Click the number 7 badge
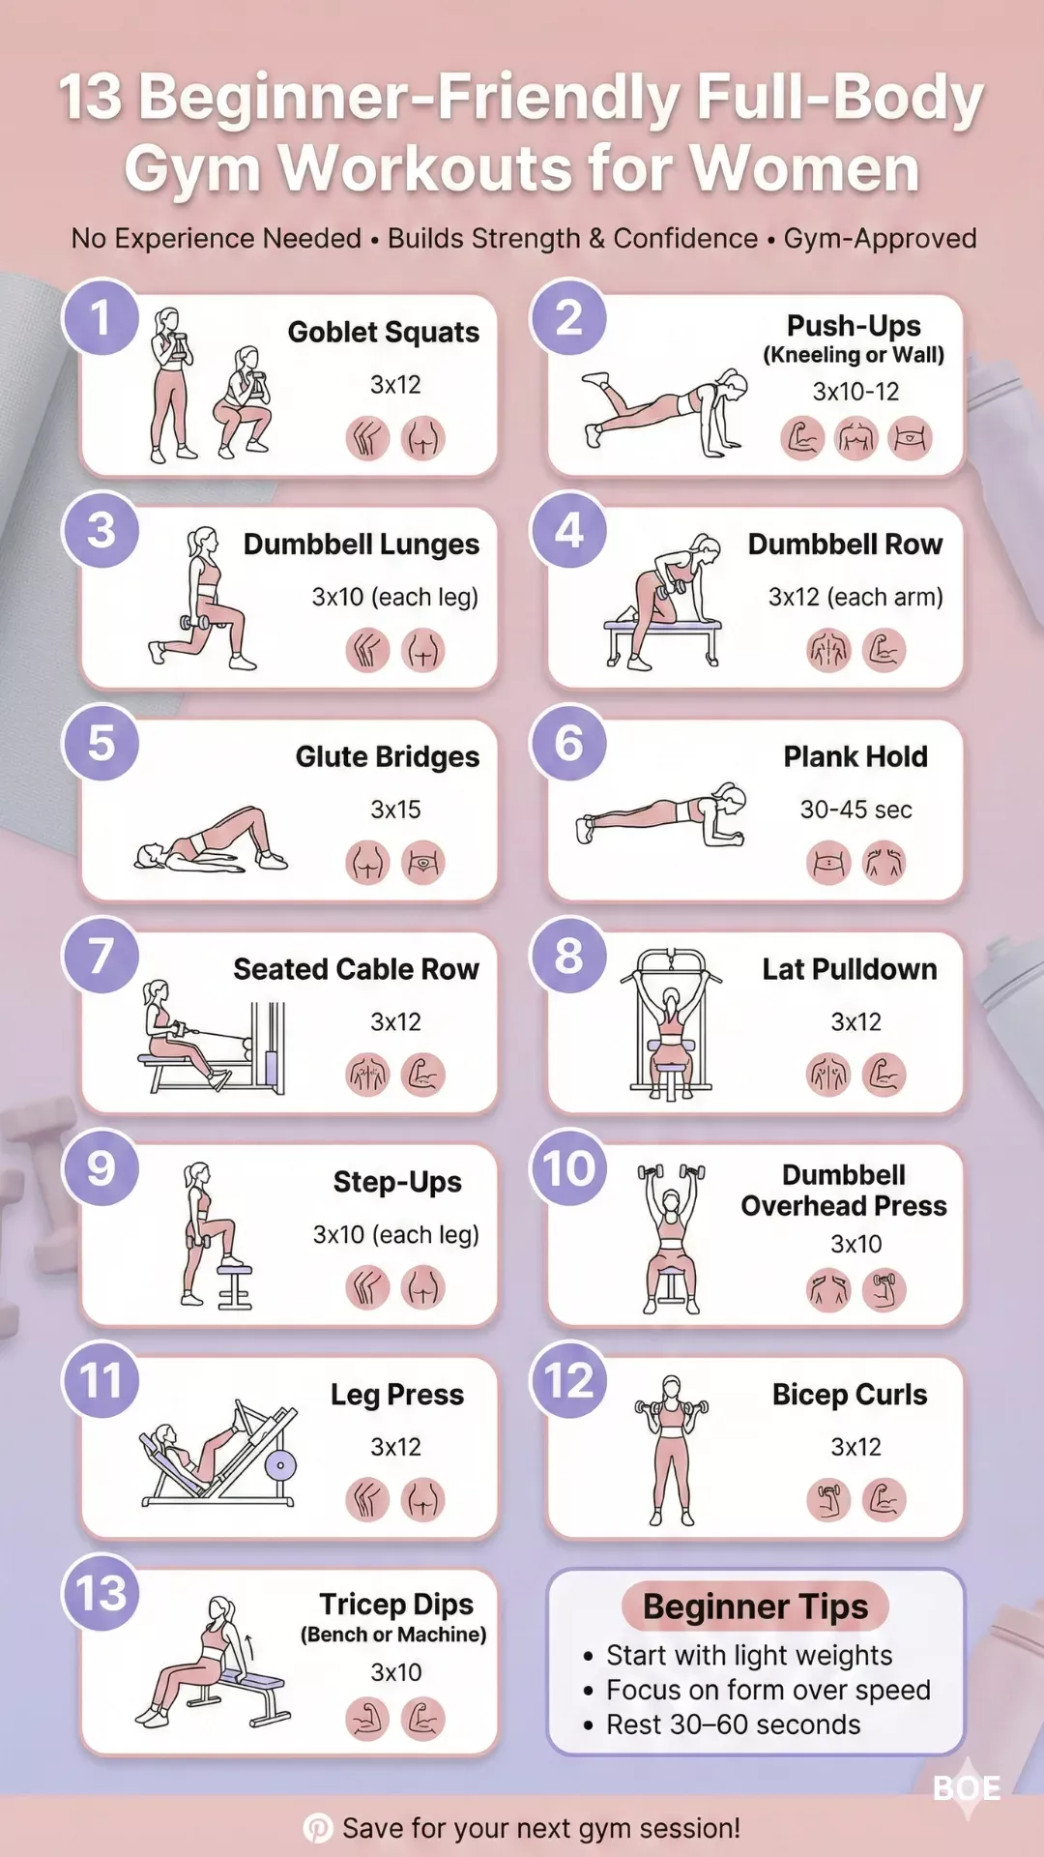pos(101,956)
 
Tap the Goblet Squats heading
pos(384,332)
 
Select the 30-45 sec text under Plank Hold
pos(856,810)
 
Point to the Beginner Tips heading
pos(756,1606)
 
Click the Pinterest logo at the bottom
pos(318,1828)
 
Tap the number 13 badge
pos(101,1593)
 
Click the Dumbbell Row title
pos(846,545)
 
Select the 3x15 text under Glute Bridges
pos(395,810)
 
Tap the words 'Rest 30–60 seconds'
pos(734,1724)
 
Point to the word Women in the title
pos(806,169)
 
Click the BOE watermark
pos(967,1788)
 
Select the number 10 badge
pos(569,1168)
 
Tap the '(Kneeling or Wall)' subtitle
pos(854,355)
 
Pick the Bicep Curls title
pos(850,1395)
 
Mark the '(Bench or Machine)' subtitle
pos(393,1635)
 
